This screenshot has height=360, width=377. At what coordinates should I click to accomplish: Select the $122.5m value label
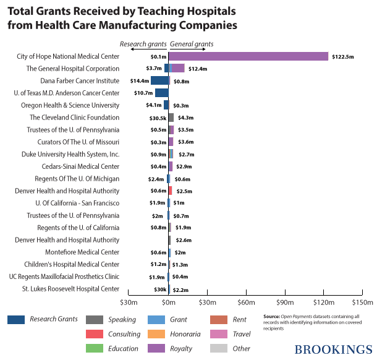[342, 56]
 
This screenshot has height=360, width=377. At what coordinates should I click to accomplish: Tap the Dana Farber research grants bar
[159, 80]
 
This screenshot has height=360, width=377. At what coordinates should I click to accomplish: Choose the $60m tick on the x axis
[247, 303]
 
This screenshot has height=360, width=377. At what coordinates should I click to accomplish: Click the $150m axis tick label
[363, 303]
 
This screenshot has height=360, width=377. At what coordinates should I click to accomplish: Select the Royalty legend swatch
[159, 348]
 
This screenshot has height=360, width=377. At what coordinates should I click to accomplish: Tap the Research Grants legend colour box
[17, 319]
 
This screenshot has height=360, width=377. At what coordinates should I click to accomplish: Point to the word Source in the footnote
[273, 316]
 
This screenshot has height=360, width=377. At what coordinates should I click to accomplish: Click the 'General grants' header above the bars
[192, 44]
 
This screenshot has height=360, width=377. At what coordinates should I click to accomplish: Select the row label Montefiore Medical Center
[82, 252]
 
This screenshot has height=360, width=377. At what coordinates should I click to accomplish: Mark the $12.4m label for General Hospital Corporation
[198, 69]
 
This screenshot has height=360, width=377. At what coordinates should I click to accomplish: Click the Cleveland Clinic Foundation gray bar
[171, 118]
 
